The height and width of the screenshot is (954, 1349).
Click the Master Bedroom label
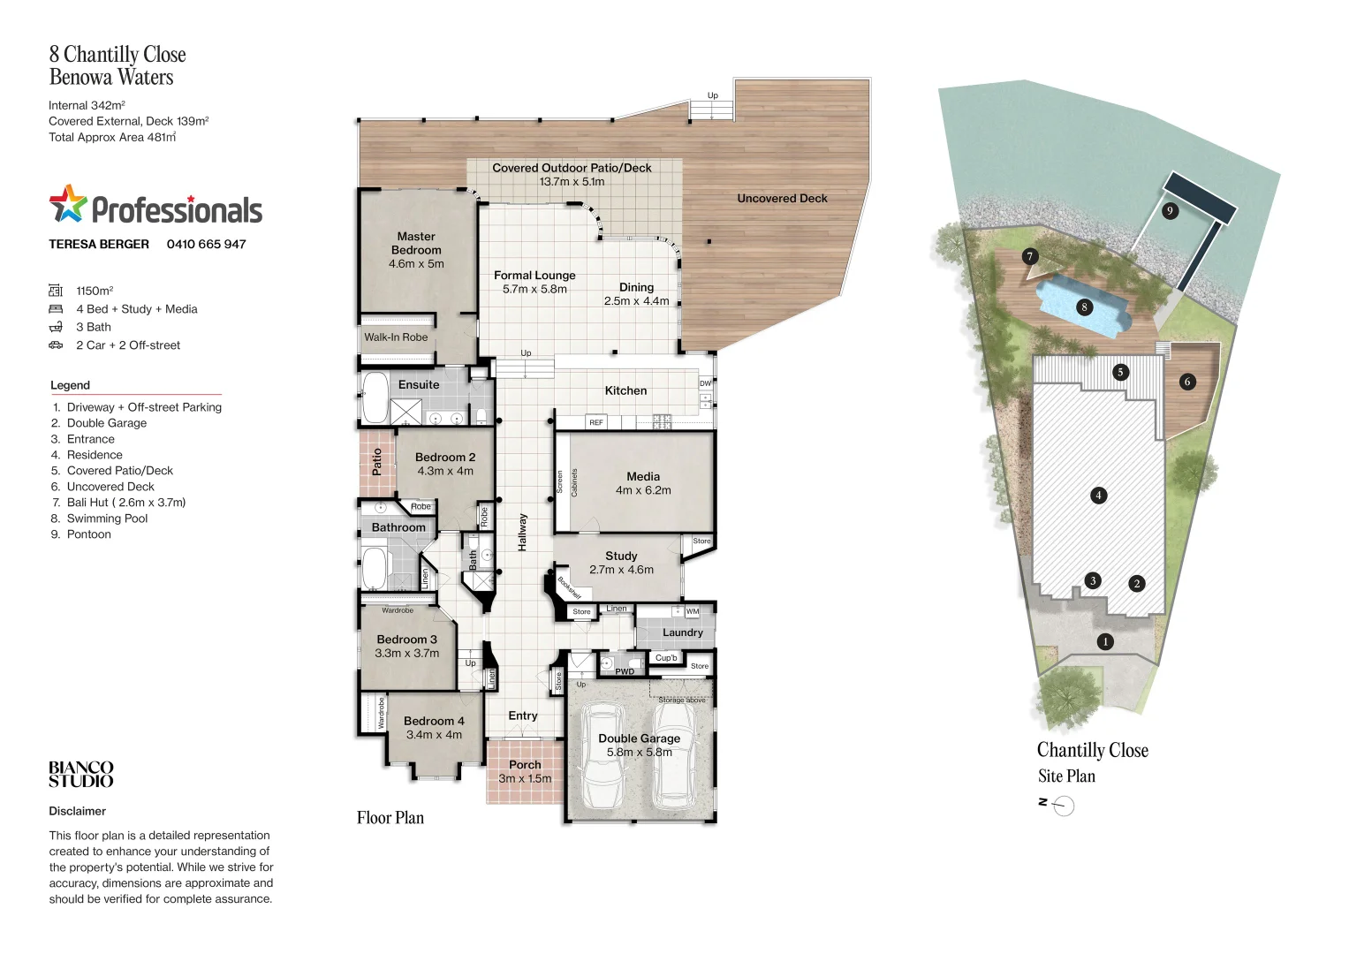click(x=416, y=243)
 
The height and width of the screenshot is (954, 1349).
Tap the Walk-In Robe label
click(x=396, y=337)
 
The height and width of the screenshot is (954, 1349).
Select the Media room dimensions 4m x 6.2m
click(x=643, y=490)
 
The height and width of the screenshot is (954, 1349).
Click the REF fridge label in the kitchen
click(x=596, y=423)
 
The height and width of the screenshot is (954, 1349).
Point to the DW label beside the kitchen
click(x=705, y=384)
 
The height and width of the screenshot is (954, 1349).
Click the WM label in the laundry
click(x=693, y=611)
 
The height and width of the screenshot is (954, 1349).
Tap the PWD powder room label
click(x=625, y=671)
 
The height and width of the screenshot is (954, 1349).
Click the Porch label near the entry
click(x=525, y=765)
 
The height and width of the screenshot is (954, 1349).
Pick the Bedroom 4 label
click(x=434, y=721)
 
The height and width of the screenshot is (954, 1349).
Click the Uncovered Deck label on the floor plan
click(x=782, y=199)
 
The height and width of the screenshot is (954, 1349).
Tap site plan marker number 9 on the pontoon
click(x=1170, y=210)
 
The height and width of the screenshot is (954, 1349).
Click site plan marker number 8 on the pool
click(x=1084, y=307)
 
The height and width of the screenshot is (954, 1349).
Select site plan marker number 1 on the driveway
click(x=1104, y=642)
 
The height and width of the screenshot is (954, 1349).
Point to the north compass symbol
click(x=1064, y=806)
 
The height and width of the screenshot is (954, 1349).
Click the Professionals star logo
click(x=68, y=204)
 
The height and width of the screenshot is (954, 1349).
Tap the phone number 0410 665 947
click(x=206, y=245)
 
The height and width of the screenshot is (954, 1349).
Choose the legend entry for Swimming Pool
click(x=107, y=519)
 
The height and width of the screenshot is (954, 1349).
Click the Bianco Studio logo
click(x=81, y=775)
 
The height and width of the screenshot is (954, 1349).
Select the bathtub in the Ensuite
click(x=375, y=398)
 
